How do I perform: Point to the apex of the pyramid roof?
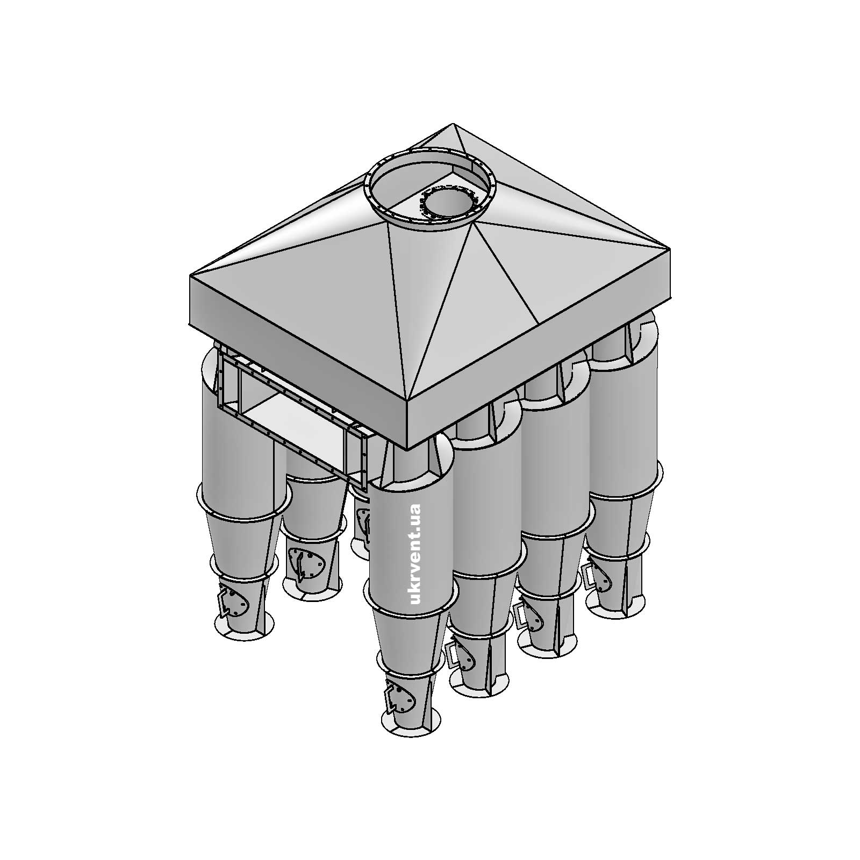pyautogui.click(x=453, y=125)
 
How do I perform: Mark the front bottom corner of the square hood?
pyautogui.click(x=407, y=449)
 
